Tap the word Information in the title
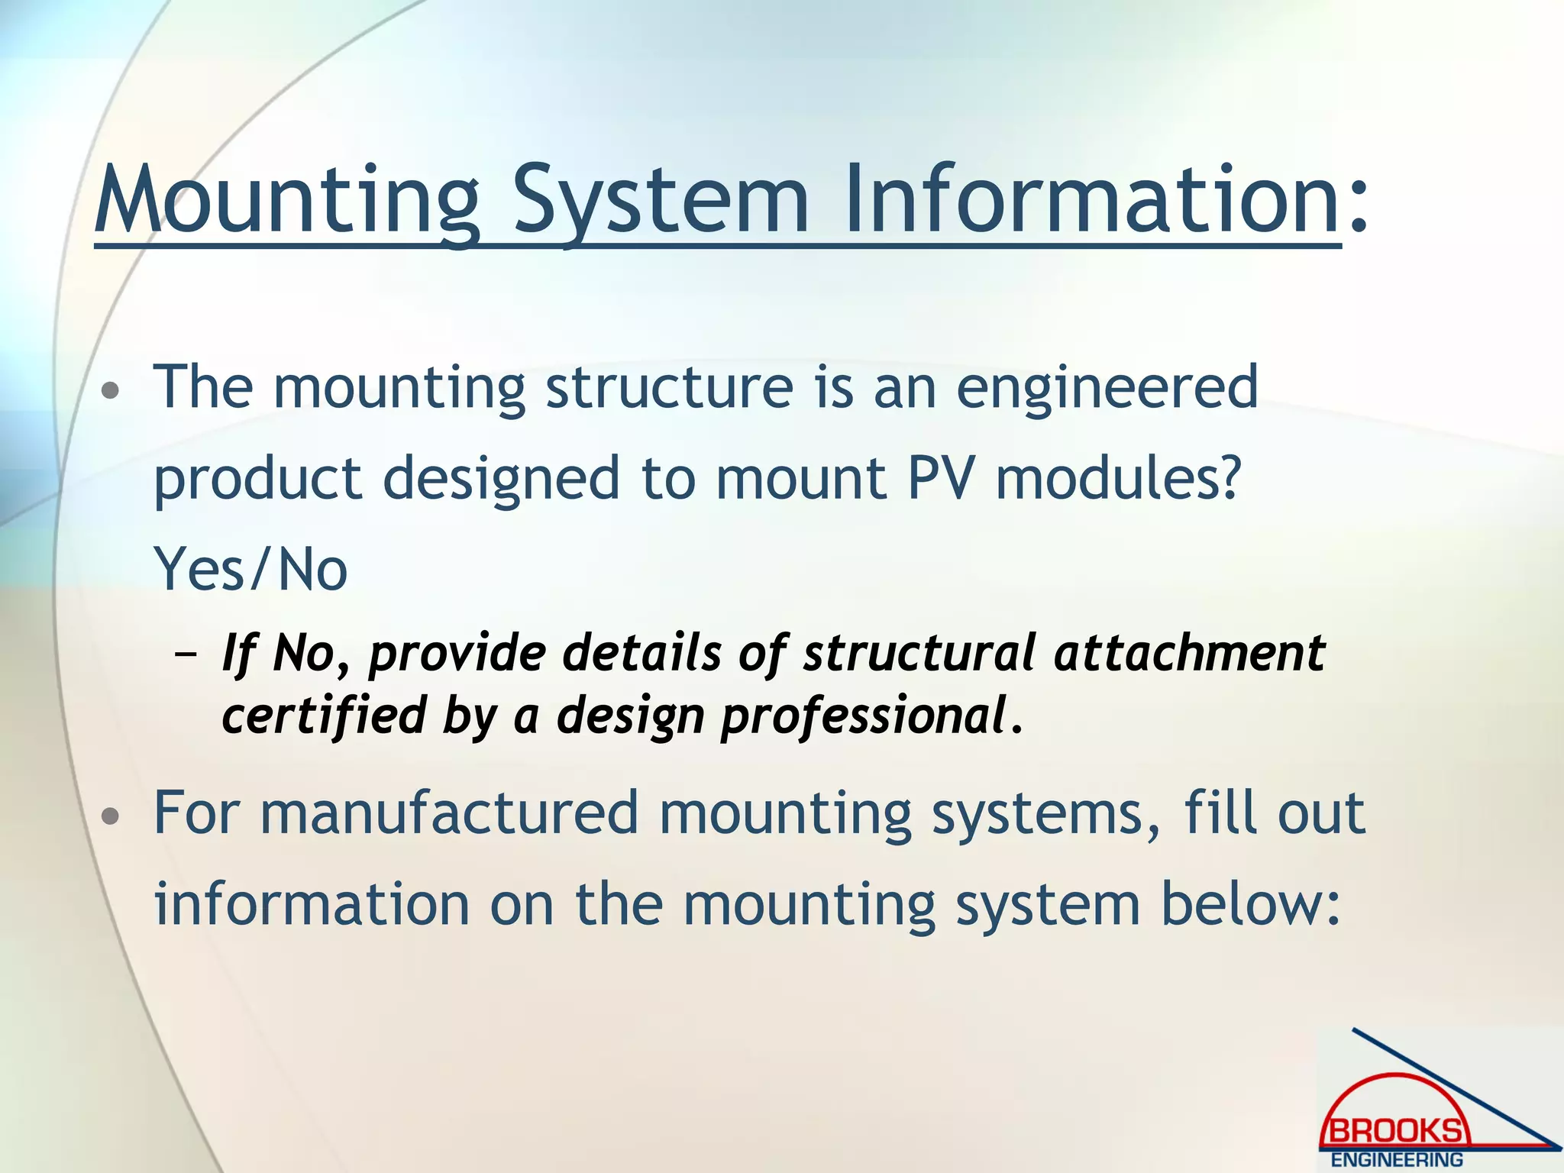click(1091, 200)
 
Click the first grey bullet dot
click(111, 392)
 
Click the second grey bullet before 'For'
click(111, 817)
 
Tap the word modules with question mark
click(1116, 480)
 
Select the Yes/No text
click(250, 570)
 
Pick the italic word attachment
click(1189, 654)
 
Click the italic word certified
click(324, 716)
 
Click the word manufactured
click(448, 813)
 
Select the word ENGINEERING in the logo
click(1397, 1160)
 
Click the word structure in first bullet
click(669, 388)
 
